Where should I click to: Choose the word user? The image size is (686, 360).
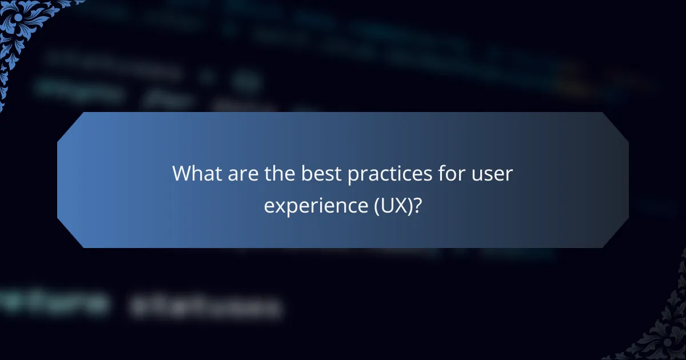(490, 174)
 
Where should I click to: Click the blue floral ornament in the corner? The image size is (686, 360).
(23, 29)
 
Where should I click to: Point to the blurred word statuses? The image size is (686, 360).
(206, 307)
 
